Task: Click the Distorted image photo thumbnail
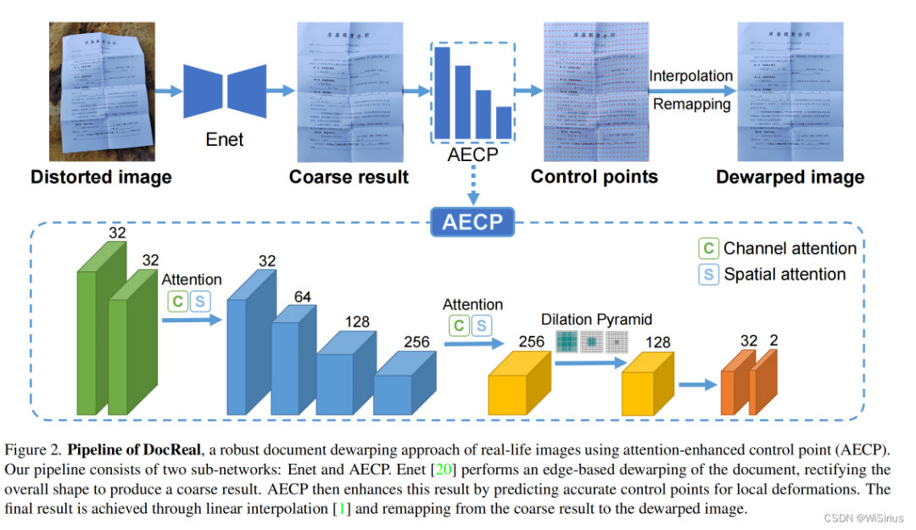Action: point(102,92)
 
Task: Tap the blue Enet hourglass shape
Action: point(225,91)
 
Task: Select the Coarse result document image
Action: point(348,92)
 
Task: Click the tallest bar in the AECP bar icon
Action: point(443,91)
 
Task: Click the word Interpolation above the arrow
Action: point(690,76)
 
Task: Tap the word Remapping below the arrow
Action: point(690,104)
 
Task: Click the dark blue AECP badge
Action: point(472,222)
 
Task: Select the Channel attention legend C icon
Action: point(708,248)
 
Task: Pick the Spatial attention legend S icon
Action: point(708,275)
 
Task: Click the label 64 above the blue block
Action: point(302,295)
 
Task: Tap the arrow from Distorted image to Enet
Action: point(170,91)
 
